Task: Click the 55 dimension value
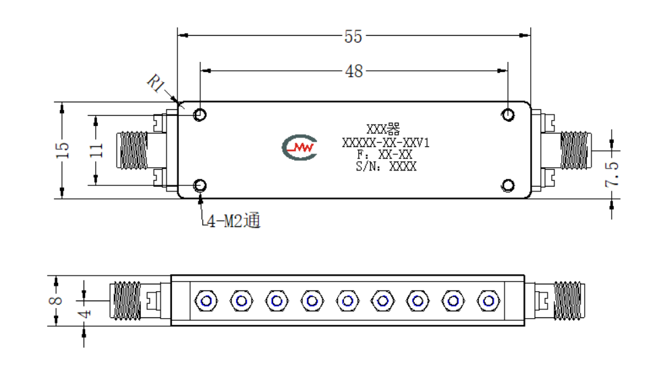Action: (353, 37)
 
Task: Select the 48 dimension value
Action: (353, 71)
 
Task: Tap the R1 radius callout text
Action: (156, 83)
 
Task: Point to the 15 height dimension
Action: (62, 150)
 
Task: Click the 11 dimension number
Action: (96, 150)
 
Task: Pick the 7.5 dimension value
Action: (612, 174)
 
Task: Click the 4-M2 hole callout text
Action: (233, 220)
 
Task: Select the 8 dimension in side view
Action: (56, 301)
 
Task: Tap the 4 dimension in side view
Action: (85, 314)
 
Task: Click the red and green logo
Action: (300, 148)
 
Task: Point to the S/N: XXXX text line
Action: (386, 166)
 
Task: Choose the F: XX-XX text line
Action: (384, 154)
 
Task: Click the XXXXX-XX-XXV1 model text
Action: (386, 143)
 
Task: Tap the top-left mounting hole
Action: (200, 115)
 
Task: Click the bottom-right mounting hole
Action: (508, 185)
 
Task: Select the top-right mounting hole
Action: (508, 115)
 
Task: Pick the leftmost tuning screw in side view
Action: (206, 301)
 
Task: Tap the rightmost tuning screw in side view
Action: (488, 301)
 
